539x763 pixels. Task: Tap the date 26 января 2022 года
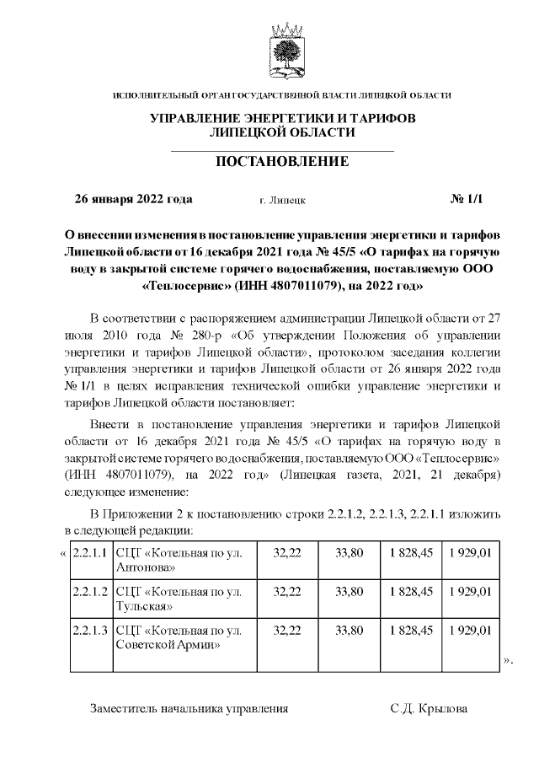pos(134,200)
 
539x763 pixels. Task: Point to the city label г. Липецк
pos(283,201)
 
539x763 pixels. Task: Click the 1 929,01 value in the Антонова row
pos(470,552)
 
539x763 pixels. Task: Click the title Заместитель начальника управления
pos(189,709)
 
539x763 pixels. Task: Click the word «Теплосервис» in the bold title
pos(181,286)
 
